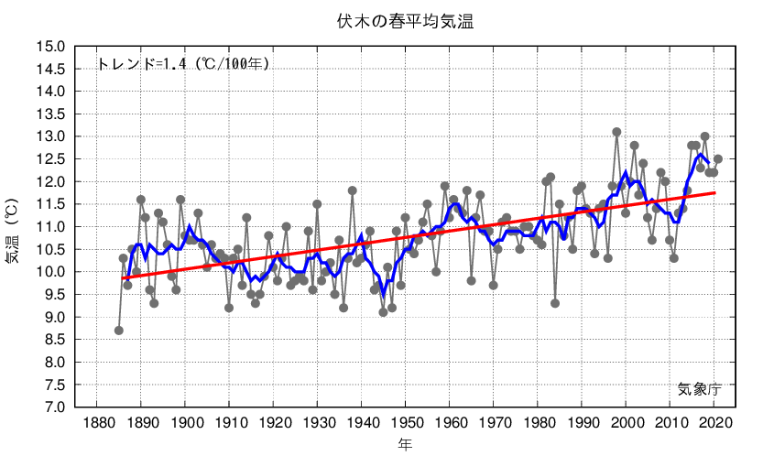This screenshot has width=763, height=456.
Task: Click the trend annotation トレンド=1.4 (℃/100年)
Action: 183,64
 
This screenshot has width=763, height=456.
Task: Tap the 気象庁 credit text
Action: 700,389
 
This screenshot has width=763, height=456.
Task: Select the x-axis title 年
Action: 405,444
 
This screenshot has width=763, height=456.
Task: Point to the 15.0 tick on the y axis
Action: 51,47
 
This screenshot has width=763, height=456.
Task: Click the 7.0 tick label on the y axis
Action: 51,407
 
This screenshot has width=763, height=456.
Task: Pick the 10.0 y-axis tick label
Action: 51,272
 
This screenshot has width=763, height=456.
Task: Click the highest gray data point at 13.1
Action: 616,132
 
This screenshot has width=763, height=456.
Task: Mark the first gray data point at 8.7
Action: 119,330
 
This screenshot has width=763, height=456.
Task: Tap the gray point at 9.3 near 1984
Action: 555,303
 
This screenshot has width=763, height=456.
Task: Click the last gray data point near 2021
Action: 718,159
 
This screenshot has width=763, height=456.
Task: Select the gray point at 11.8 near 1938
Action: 352,190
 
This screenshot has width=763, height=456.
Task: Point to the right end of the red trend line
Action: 715,192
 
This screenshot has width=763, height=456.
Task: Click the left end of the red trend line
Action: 123,277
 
